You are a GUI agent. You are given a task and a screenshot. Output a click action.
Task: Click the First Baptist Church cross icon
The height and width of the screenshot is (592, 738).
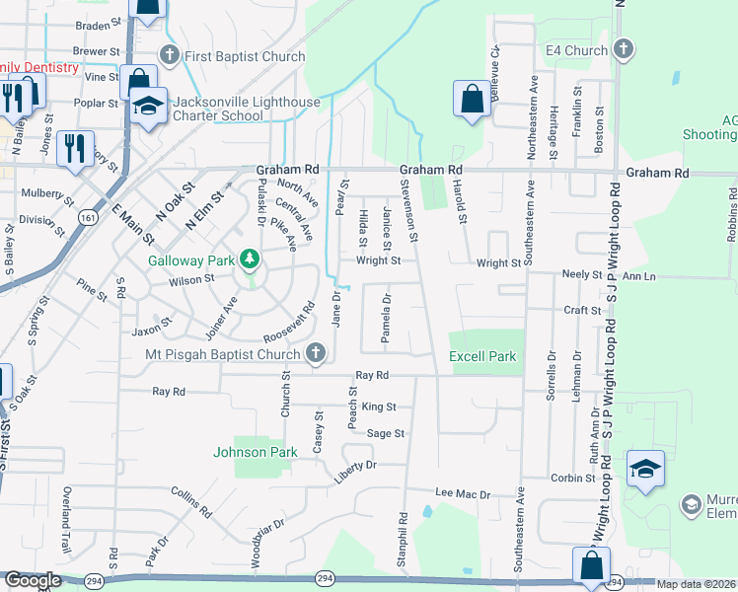[169, 56]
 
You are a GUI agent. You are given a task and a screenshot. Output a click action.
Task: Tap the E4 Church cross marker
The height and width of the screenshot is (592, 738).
[623, 48]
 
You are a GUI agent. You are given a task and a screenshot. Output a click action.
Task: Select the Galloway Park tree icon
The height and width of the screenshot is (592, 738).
[251, 259]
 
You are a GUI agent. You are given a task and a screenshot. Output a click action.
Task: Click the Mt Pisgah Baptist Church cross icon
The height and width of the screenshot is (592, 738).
[315, 354]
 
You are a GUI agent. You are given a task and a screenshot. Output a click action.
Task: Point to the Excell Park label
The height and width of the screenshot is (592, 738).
[482, 356]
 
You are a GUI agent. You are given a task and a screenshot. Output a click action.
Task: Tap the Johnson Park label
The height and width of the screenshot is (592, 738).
[256, 452]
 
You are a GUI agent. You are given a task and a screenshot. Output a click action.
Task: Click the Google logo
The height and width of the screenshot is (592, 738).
[33, 580]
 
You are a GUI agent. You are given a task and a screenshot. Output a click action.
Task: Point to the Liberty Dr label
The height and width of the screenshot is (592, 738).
[355, 465]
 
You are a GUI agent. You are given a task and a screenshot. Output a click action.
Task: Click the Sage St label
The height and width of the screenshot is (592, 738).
[386, 433]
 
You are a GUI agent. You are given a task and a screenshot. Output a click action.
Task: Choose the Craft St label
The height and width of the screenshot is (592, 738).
[583, 310]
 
